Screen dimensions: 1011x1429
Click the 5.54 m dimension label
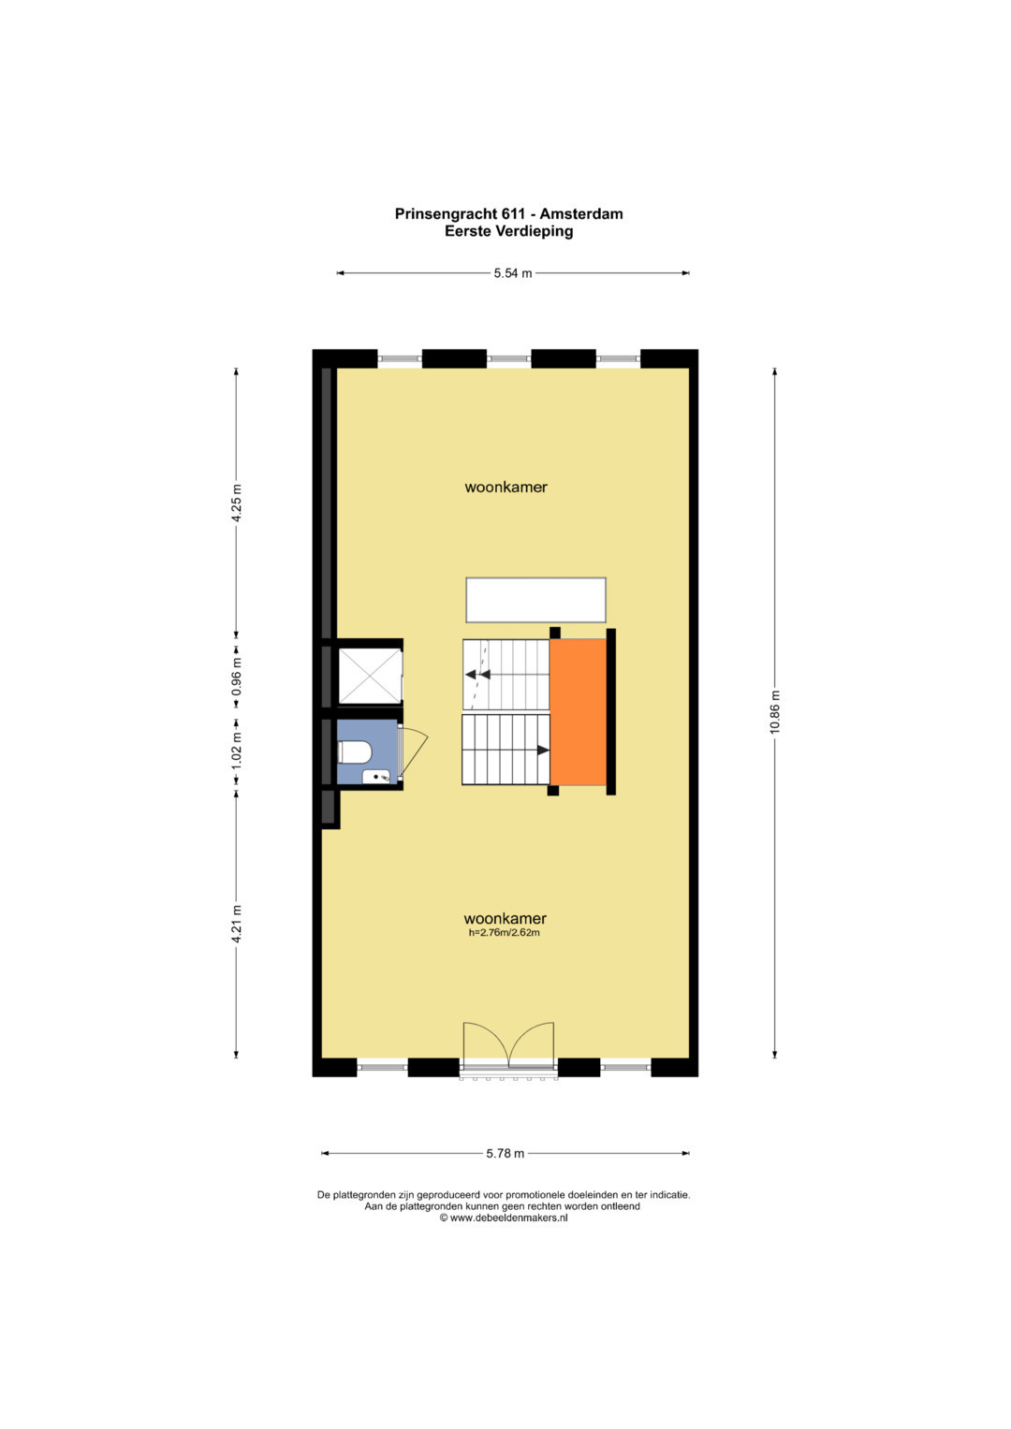[x=513, y=273]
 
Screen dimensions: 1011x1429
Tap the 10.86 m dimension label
[x=775, y=712]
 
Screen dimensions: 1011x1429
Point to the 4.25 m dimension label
[x=237, y=503]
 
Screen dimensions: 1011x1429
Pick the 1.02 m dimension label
[x=237, y=750]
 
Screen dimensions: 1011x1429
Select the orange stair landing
[x=578, y=712]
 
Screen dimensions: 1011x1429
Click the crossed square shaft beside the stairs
[x=370, y=677]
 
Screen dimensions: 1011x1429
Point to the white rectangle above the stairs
[x=535, y=600]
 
